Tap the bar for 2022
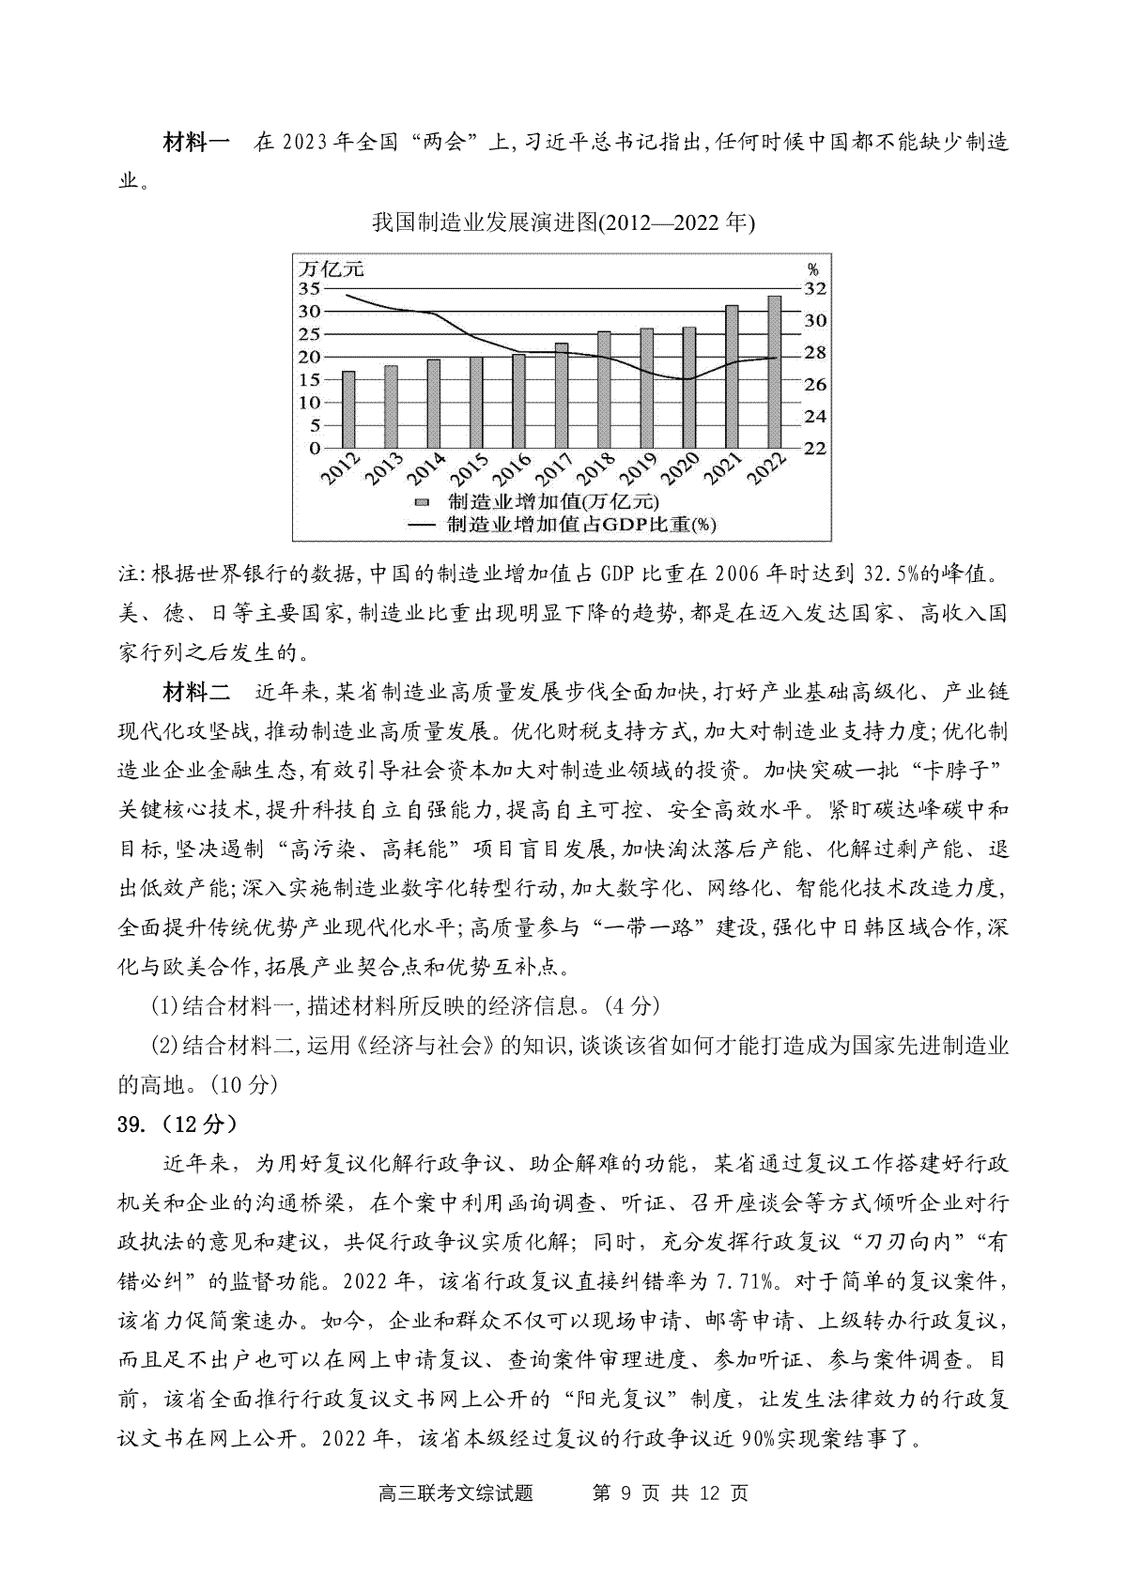pyautogui.click(x=775, y=372)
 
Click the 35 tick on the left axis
pyautogui.click(x=310, y=289)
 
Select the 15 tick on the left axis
pyautogui.click(x=310, y=379)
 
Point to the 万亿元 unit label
pyautogui.click(x=331, y=268)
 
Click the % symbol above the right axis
pyautogui.click(x=813, y=269)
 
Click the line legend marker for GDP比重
pyautogui.click(x=422, y=525)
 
